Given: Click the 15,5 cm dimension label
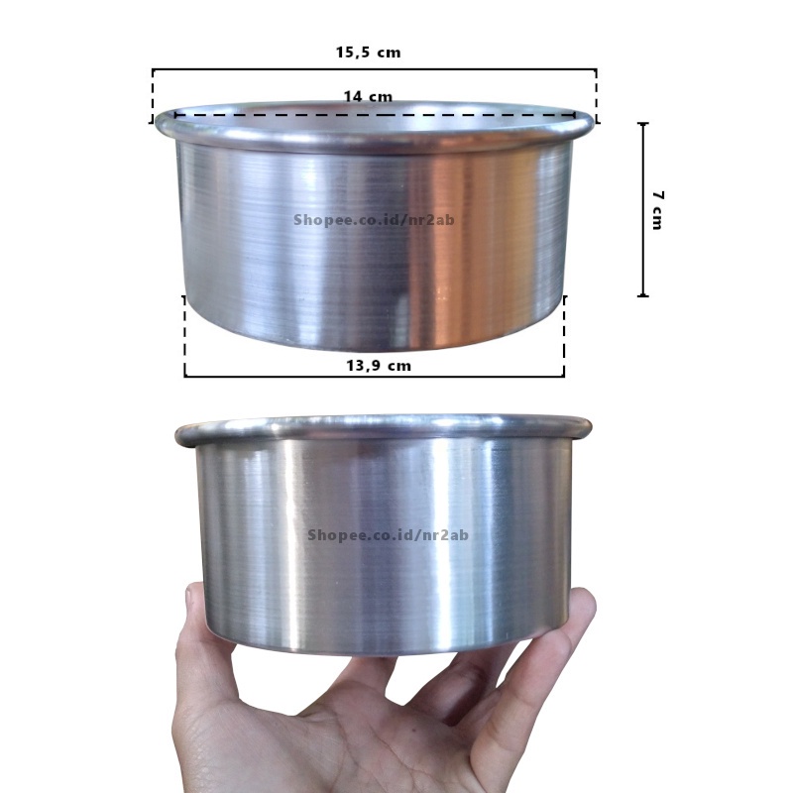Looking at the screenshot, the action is [x=368, y=53].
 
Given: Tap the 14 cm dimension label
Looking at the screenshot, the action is [x=368, y=96].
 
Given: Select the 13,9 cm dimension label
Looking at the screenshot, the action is [x=379, y=365].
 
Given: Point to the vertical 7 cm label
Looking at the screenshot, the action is [x=657, y=210].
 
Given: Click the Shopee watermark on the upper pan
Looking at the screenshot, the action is [x=374, y=220].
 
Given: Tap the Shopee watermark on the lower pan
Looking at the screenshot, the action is [x=388, y=534].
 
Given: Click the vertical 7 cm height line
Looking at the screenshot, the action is [x=643, y=209].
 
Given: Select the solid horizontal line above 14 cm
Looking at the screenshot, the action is [x=375, y=69].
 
